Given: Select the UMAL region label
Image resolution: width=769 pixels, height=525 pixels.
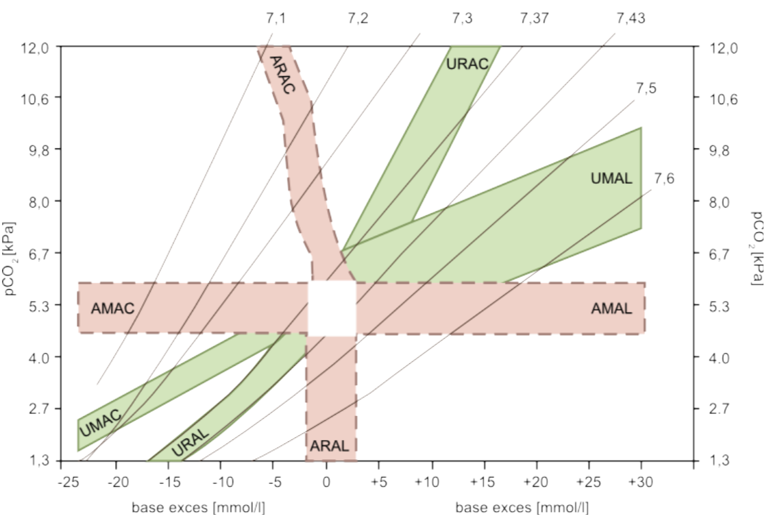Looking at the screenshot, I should click(x=611, y=179).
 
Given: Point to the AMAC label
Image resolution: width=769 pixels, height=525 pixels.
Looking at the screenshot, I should click(x=112, y=308).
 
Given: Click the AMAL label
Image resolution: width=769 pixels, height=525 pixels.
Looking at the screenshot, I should click(x=611, y=308).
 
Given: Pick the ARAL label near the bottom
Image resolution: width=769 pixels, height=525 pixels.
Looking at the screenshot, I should click(x=330, y=446).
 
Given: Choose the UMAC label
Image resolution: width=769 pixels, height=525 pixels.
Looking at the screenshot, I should click(x=100, y=422).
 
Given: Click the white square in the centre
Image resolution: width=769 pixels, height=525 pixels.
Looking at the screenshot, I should click(x=332, y=308).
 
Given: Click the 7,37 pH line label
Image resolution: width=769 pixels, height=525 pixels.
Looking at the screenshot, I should click(x=534, y=19).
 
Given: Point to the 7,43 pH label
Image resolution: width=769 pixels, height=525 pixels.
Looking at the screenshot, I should click(x=630, y=19).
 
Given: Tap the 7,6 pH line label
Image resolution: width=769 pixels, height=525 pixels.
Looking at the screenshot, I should click(x=664, y=179).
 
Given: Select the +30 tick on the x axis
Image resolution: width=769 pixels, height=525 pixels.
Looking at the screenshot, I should click(x=640, y=481).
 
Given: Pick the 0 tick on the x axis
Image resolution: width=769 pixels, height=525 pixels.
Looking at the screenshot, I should click(x=326, y=481).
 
